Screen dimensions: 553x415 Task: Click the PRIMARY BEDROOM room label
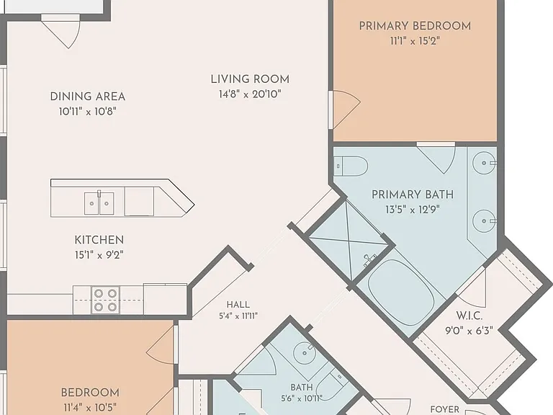point(415,26)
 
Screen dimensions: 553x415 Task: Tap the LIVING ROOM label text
point(250,79)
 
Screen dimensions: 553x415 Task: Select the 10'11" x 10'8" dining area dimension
point(87,112)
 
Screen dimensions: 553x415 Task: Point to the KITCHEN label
point(99,240)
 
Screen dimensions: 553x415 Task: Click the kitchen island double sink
point(99,203)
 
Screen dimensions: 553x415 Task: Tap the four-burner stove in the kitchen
point(105,300)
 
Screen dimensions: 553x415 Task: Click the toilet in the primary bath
point(351,166)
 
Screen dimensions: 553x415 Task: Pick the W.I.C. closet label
point(469,316)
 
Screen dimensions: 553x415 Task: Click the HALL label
point(238,305)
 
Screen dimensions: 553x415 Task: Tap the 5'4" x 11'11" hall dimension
point(238,316)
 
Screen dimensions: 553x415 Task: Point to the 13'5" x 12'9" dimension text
point(413,210)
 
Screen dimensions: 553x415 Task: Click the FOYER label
point(445,409)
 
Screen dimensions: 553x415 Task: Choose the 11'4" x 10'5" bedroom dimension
point(90,408)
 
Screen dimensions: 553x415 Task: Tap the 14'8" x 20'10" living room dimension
point(250,94)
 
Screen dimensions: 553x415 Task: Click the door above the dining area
point(60,31)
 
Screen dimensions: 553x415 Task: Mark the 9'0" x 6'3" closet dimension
point(469,331)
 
